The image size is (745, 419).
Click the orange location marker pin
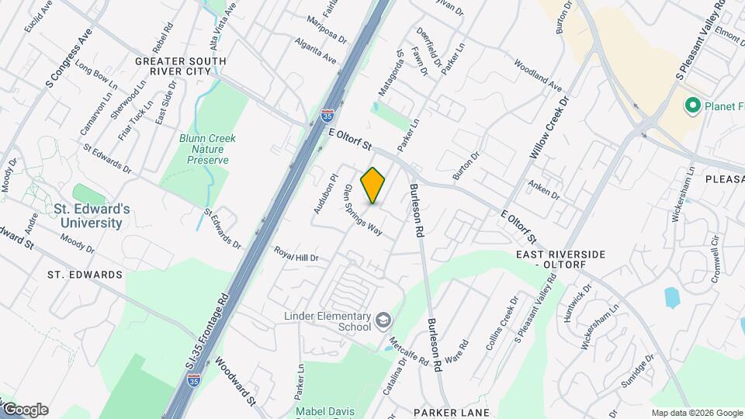373,185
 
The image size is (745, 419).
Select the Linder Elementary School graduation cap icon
383,320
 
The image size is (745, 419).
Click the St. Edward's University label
87,216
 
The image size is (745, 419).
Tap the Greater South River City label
181,66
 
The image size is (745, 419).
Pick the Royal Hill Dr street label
296,254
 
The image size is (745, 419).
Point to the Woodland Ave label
537,77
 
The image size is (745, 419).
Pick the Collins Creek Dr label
500,324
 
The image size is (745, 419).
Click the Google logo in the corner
26,410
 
